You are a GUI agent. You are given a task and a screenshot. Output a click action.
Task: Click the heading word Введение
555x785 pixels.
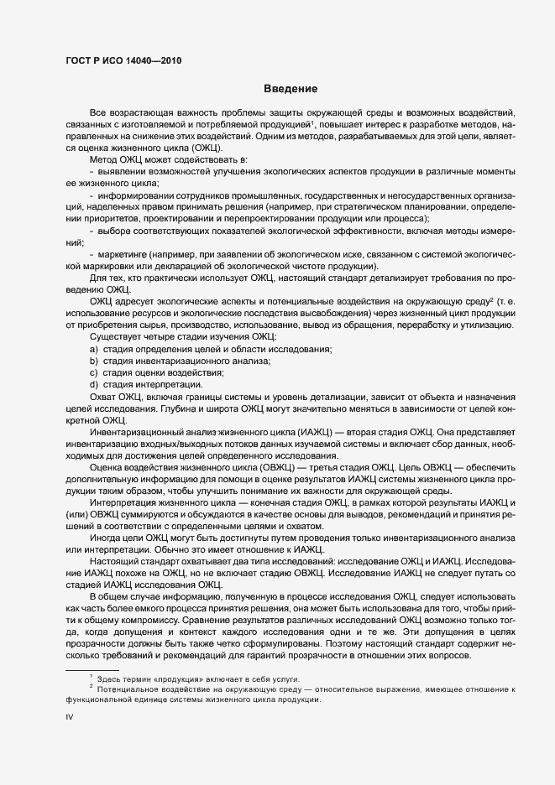pos(290,89)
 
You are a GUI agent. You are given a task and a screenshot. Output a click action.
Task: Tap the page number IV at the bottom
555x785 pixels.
pos(70,718)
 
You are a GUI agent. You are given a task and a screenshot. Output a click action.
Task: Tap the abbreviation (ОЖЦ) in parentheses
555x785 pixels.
pos(207,148)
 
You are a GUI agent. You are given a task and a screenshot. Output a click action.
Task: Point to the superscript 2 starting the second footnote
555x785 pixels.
pos(91,686)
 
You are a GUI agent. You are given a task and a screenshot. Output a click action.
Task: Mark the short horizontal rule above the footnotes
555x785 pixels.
pos(92,669)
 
